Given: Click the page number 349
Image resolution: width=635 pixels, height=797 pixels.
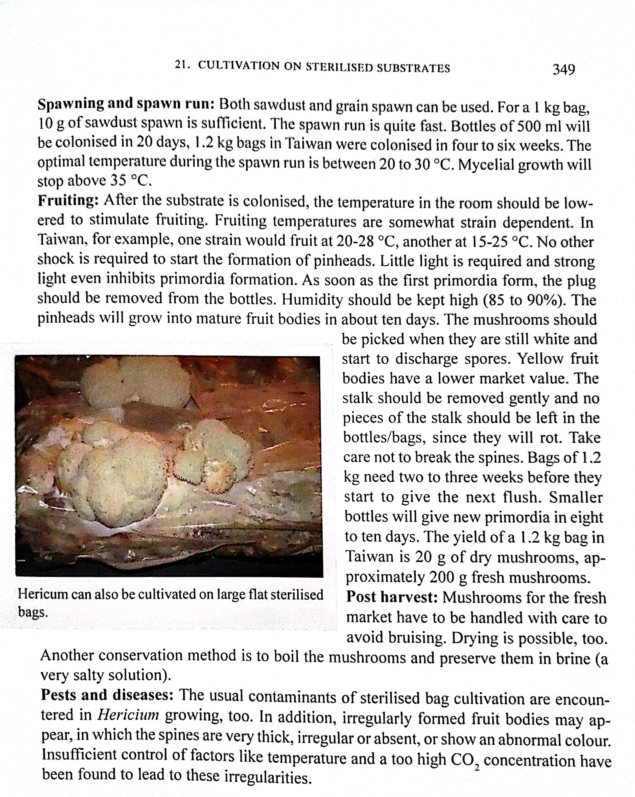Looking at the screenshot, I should (x=563, y=69).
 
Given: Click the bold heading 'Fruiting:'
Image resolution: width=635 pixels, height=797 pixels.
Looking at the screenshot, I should (x=68, y=200).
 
